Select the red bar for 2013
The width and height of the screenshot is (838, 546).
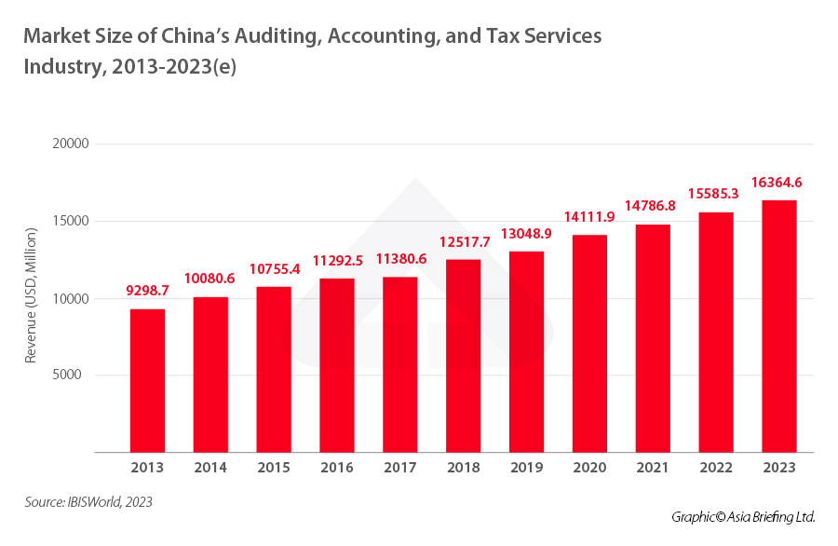tap(147, 380)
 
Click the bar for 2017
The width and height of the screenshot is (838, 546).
tap(399, 364)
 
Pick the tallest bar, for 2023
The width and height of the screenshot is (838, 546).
tap(778, 326)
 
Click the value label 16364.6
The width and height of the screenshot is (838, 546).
tap(778, 183)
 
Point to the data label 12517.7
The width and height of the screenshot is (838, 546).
tap(463, 242)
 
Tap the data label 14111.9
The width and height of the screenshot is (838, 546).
tap(589, 217)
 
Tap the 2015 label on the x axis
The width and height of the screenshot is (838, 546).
tap(274, 468)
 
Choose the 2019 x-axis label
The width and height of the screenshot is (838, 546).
tap(526, 468)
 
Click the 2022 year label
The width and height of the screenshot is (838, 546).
tap(715, 468)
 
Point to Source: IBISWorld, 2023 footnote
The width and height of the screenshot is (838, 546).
tap(88, 502)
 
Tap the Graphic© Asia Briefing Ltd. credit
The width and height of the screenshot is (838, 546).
tap(743, 516)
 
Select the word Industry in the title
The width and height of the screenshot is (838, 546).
tap(58, 67)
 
